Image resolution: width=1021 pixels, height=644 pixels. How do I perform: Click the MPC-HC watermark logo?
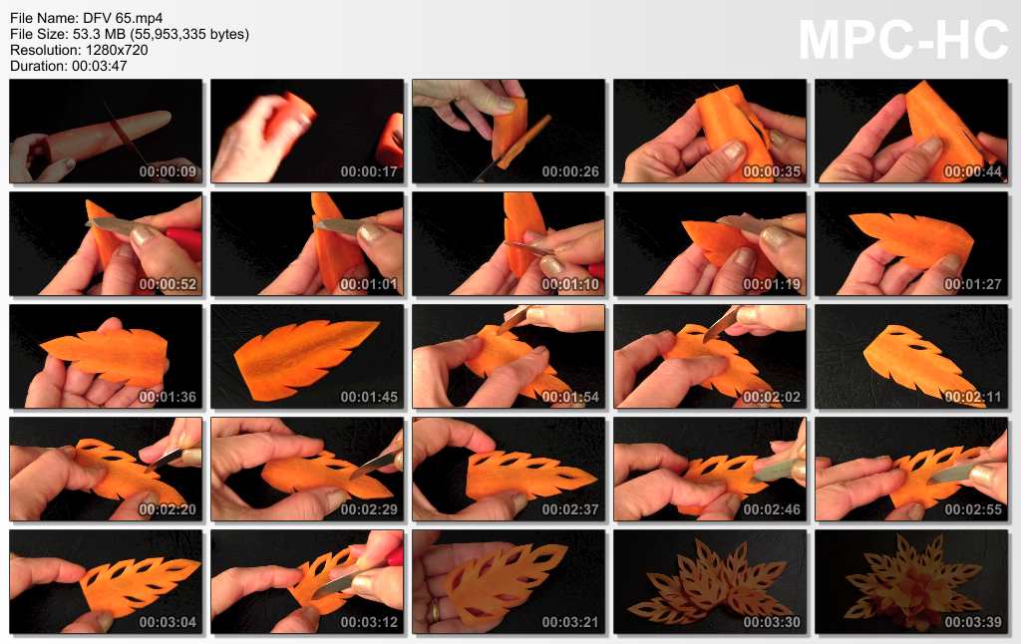[x=903, y=40]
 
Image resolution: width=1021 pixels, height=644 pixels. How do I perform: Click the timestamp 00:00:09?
[x=168, y=171]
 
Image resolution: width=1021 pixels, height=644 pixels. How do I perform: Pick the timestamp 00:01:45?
[x=369, y=397]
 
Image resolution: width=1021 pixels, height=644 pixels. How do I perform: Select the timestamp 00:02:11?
[x=973, y=397]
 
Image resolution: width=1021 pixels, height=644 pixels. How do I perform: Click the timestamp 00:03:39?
[x=973, y=622]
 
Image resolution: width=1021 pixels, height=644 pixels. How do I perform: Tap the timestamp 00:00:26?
[x=569, y=171]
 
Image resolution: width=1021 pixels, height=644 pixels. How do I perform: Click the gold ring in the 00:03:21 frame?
[x=433, y=612]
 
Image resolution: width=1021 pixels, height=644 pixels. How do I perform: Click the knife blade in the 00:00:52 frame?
[x=111, y=226]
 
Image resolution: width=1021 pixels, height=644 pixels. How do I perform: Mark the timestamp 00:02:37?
[x=569, y=509]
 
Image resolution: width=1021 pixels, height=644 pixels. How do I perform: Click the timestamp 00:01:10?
[x=569, y=284]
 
